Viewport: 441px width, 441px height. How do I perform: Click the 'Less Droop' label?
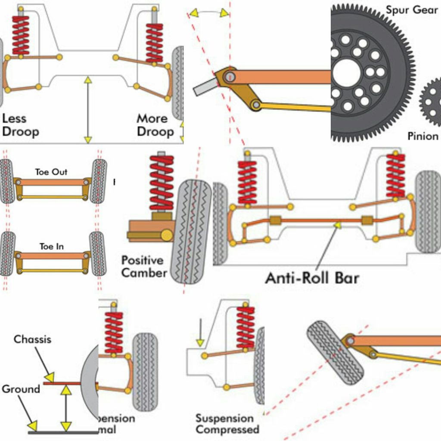coord(20,125)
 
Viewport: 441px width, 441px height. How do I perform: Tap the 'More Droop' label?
coord(155,125)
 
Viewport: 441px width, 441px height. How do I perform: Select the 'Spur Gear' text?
coord(411,10)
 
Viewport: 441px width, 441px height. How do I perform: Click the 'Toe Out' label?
coord(51,172)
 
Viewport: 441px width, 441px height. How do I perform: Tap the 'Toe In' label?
coord(51,247)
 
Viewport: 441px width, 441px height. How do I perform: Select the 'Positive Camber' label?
coord(143,267)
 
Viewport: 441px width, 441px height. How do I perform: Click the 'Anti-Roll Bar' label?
coord(312,278)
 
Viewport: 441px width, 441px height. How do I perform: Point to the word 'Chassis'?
coord(32,339)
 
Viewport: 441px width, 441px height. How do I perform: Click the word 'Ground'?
coord(21,389)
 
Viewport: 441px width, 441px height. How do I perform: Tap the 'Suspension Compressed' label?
coord(227,424)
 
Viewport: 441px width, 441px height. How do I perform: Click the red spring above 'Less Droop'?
coord(20,36)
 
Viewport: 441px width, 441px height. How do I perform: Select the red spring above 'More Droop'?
coord(154,42)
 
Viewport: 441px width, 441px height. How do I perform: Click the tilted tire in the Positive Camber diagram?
coord(191,232)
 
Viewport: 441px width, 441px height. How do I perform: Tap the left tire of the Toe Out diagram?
coord(7,181)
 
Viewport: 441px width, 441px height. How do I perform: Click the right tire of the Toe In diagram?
coord(98,254)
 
